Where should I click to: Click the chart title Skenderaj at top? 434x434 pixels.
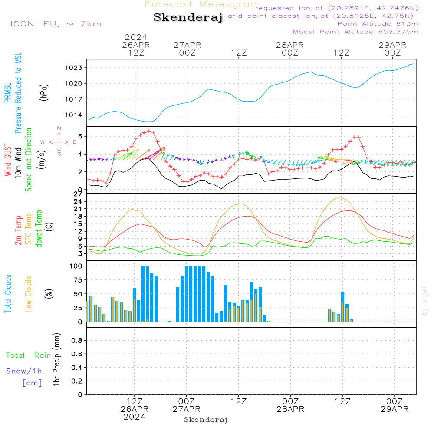click(x=188, y=17)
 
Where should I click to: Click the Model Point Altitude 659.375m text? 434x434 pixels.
click(x=355, y=32)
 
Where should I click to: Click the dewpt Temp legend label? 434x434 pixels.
click(x=39, y=229)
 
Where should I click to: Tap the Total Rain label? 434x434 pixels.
click(x=28, y=355)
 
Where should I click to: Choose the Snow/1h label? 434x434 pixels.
click(x=24, y=371)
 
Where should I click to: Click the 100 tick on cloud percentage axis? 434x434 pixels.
click(x=76, y=266)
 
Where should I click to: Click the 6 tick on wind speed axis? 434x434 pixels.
click(x=80, y=136)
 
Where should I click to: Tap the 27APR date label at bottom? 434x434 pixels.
click(x=186, y=409)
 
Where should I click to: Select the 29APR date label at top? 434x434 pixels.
click(x=392, y=45)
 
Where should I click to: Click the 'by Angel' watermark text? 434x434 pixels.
click(x=424, y=300)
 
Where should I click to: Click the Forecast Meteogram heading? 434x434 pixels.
click(x=202, y=4)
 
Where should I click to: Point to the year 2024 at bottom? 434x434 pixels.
click(x=135, y=417)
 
